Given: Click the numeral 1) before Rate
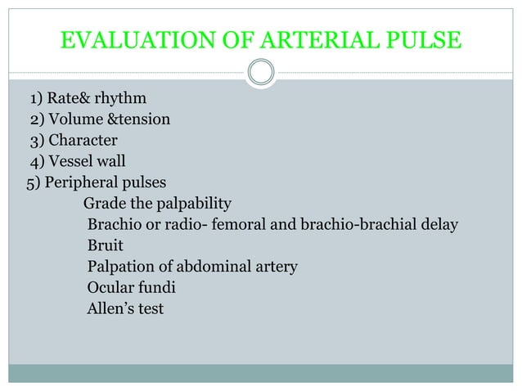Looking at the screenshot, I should point(37,100).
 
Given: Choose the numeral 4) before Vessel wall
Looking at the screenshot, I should point(37,161).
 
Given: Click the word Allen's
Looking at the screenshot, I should point(110,309).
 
